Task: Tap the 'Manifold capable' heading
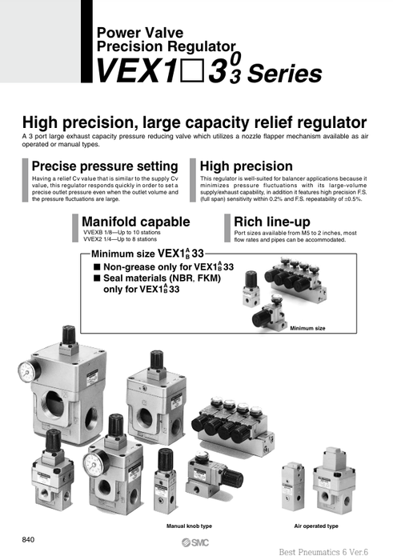(x=135, y=221)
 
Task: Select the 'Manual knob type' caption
(x=189, y=526)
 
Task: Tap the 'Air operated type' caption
(x=316, y=526)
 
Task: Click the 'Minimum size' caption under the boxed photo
(x=307, y=327)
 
